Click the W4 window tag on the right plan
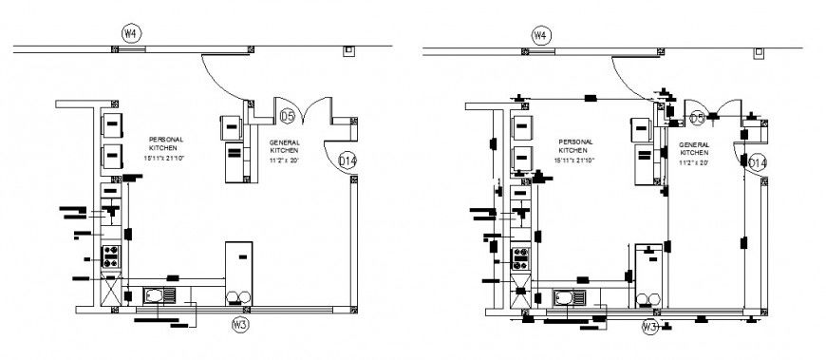pyautogui.click(x=540, y=35)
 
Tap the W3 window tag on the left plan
pyautogui.click(x=241, y=324)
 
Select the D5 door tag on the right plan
pyautogui.click(x=698, y=118)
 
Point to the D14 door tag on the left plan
pyautogui.click(x=347, y=161)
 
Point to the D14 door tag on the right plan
pyautogui.click(x=757, y=163)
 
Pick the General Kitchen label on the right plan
pyautogui.click(x=693, y=148)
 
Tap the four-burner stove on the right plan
pyautogui.click(x=519, y=256)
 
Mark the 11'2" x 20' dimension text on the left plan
pyautogui.click(x=283, y=161)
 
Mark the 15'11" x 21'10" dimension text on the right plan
pyautogui.click(x=574, y=161)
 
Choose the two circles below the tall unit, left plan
pyautogui.click(x=239, y=297)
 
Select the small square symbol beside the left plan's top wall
pyautogui.click(x=348, y=48)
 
